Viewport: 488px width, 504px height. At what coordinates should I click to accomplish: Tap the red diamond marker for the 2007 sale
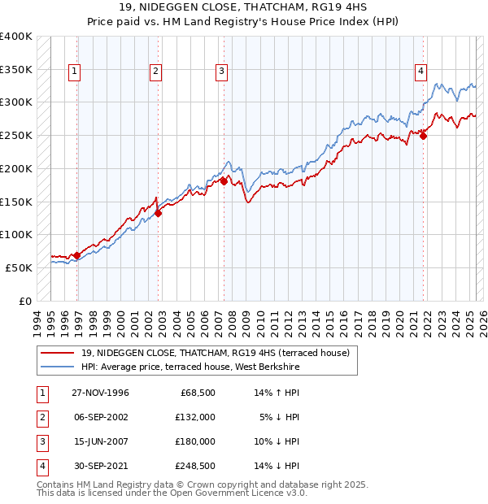click(x=224, y=182)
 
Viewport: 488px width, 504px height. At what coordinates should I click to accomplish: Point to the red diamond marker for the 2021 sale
click(x=424, y=137)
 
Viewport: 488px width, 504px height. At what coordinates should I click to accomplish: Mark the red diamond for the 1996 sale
click(x=77, y=255)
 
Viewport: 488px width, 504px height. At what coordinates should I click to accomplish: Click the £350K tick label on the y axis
click(x=16, y=69)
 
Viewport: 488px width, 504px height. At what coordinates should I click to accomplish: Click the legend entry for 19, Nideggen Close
click(x=215, y=353)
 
